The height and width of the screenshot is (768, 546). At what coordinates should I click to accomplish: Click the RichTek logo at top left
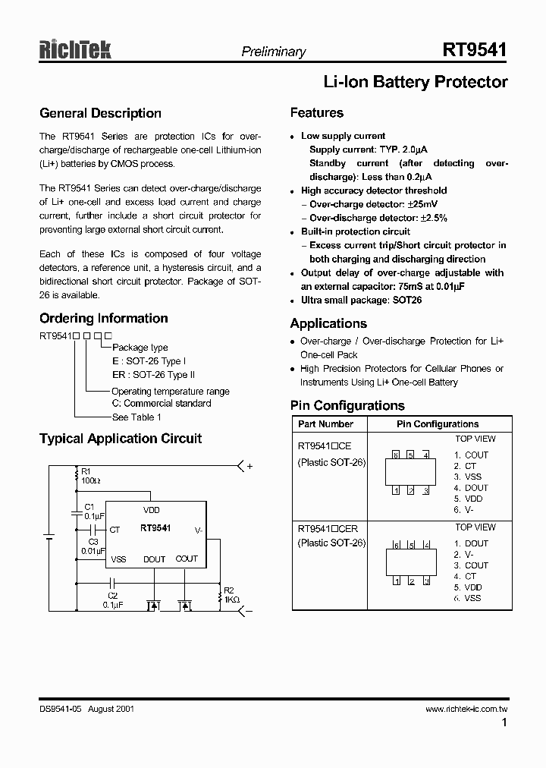[75, 51]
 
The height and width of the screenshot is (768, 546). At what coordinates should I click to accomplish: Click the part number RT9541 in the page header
[475, 50]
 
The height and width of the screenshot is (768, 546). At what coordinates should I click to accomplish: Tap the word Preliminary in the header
[273, 52]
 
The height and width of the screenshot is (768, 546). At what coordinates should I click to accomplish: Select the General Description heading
[100, 113]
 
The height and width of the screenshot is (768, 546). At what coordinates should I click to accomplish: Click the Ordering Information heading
[103, 318]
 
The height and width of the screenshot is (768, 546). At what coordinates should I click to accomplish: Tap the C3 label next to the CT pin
[93, 541]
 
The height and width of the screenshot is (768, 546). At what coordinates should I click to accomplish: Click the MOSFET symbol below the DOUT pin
[154, 606]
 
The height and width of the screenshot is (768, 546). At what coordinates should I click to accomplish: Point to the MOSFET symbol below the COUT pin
[184, 606]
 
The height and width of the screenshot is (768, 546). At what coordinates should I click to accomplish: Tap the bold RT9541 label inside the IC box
[155, 527]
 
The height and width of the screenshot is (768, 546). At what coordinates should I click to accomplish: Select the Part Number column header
[325, 424]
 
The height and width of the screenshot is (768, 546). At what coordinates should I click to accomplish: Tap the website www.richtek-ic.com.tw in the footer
[466, 708]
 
